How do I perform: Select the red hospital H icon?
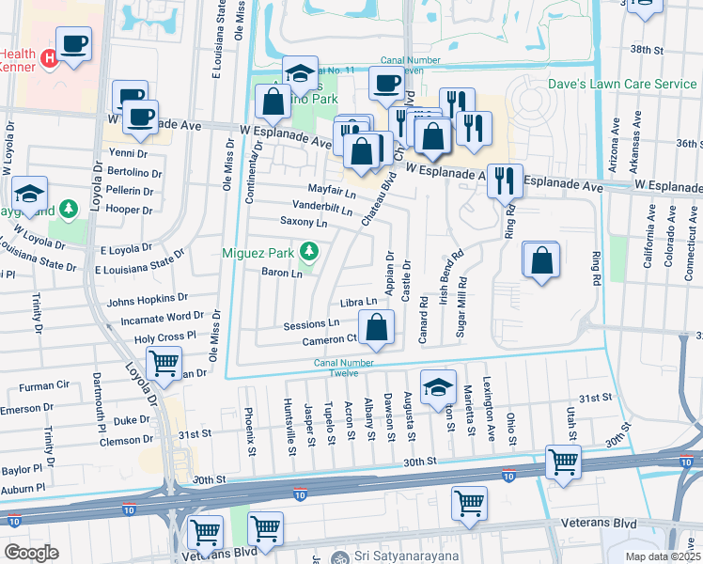tap(51, 61)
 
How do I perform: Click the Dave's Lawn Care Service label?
tap(623, 84)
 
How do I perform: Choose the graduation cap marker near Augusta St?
tap(438, 387)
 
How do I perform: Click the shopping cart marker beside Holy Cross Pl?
tap(164, 362)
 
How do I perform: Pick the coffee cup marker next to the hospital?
tap(73, 43)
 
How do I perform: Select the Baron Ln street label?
tap(282, 274)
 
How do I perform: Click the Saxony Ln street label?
tap(304, 223)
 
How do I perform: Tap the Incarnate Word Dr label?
tap(155, 317)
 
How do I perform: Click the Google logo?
tap(31, 553)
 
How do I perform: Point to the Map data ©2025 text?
tap(662, 556)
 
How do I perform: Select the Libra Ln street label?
tap(358, 302)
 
